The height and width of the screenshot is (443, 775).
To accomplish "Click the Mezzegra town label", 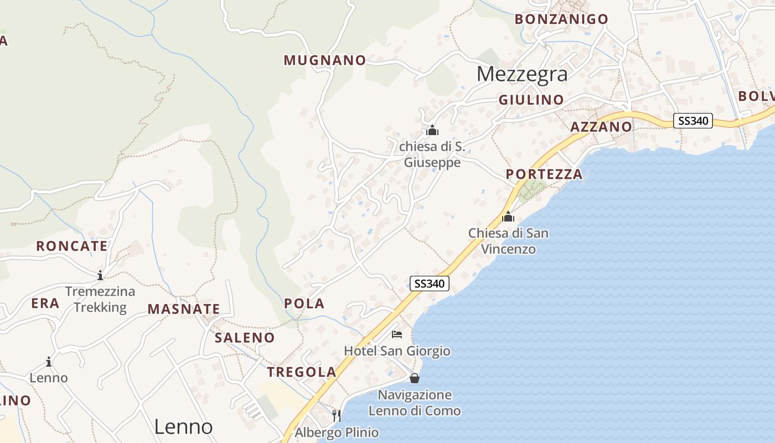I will coord(522,74).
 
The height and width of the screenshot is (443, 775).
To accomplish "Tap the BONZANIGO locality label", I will coord(561,19).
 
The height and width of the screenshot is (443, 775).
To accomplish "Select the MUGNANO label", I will coord(325,60).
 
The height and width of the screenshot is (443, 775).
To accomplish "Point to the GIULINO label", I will coord(531,100).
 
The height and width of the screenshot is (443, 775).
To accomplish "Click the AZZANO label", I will coord(601,127).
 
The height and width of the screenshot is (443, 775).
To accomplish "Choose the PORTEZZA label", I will coord(544,174).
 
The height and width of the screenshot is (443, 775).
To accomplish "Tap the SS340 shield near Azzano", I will coord(693,121).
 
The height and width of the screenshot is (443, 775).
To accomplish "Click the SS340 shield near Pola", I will coord(430,284).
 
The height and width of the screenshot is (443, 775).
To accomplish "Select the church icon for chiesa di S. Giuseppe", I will coord(432,131).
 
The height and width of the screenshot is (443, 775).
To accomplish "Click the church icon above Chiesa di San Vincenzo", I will coord(508,217).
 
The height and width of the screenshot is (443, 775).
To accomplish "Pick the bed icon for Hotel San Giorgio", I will coord(397,334).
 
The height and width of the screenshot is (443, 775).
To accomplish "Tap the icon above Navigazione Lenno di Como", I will coord(414,378).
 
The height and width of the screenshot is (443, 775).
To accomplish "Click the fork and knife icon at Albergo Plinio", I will coord(337,415).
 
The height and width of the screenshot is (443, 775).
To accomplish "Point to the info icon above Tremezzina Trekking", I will coord(100,275).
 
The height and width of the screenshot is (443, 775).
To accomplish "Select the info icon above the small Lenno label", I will coord(49,362).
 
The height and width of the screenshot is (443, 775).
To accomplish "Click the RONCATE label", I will coord(72,246).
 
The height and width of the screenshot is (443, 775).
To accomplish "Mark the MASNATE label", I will coord(184,310).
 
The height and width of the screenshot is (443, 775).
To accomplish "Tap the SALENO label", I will coord(245,338).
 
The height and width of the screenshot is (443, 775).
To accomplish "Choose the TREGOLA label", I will coord(302,372).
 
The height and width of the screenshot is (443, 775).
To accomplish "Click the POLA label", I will coord(304,303).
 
